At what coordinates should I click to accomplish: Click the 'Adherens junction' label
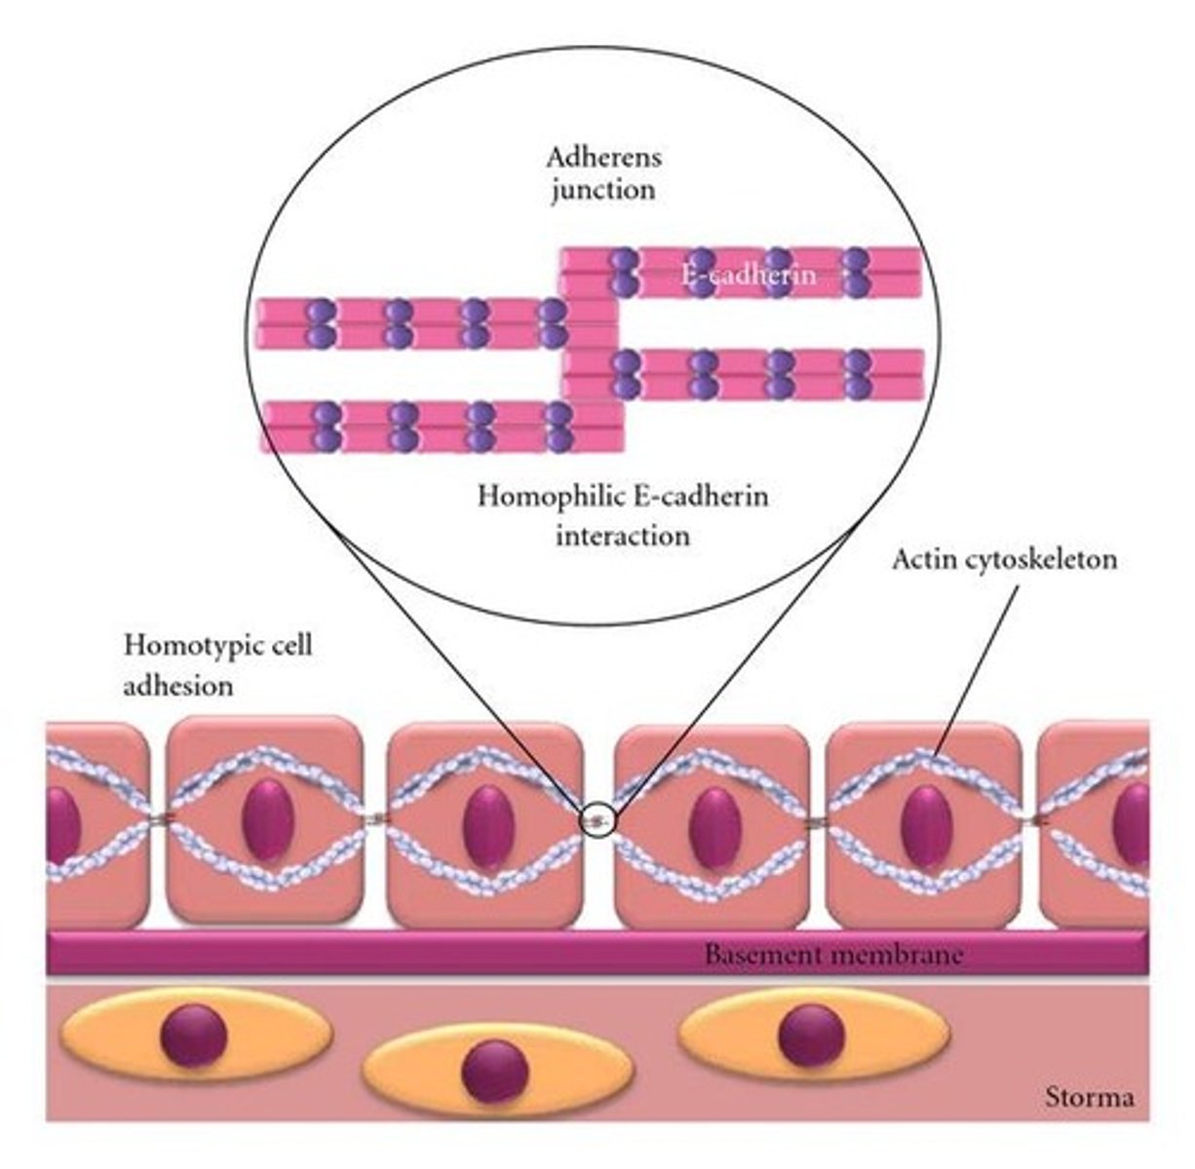[x=602, y=172]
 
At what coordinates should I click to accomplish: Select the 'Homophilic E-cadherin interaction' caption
[x=623, y=515]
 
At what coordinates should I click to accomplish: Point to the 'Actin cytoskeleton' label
[x=1005, y=560]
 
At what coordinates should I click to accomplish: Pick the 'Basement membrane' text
[x=832, y=954]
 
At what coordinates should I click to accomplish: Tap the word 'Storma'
[x=1091, y=1098]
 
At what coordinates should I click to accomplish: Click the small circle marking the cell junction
[x=598, y=820]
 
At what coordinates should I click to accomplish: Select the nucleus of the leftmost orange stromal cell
[x=195, y=1036]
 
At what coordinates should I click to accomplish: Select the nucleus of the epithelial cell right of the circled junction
[x=714, y=827]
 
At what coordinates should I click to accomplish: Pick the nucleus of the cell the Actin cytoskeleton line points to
[x=925, y=827]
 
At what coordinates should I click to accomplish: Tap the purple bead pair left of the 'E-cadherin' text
[x=624, y=271]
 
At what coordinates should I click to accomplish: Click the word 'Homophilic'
[x=536, y=497]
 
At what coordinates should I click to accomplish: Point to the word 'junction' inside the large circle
[x=602, y=189]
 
